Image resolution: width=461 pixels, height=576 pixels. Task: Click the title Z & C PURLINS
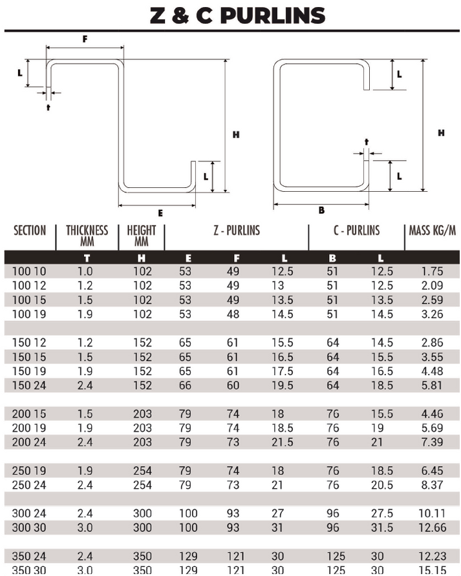[x=237, y=15]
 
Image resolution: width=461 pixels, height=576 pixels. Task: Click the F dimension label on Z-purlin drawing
[x=85, y=39]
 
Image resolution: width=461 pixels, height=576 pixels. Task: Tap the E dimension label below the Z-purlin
[x=160, y=212]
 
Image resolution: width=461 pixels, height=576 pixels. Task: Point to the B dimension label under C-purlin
[x=321, y=210]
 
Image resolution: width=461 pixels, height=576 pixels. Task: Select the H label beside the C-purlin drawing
[x=441, y=133]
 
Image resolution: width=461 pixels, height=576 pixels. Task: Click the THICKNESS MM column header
[x=87, y=236]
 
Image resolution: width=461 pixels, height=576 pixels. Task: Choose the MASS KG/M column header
[x=433, y=231]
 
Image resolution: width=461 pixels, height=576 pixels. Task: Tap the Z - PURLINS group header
[x=236, y=231]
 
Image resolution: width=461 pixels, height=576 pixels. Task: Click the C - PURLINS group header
[x=356, y=231]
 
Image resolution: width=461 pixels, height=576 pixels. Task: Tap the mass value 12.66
[x=432, y=528]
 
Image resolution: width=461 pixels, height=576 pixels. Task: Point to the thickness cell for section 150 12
[x=85, y=343]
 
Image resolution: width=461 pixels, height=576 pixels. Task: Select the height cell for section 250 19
[x=142, y=471]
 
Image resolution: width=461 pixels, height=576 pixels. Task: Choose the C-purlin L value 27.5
[x=381, y=513]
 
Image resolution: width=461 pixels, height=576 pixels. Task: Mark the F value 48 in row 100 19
[x=233, y=314]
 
